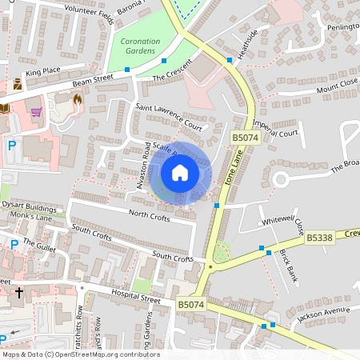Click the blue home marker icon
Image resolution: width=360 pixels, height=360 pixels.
coord(180,173)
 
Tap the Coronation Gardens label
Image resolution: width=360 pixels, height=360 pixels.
coord(139,46)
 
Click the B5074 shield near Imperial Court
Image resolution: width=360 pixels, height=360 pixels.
coord(246,138)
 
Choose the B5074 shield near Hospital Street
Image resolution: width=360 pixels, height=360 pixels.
coord(191,305)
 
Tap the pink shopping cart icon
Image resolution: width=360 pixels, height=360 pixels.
coord(36,112)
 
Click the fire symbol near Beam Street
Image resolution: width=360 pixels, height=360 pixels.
coord(77,100)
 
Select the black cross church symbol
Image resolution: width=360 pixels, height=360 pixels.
coord(19,293)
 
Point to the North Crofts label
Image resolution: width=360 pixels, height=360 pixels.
coord(150,214)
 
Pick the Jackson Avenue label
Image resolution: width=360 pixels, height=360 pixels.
coord(323,314)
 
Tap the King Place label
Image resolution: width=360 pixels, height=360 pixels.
coord(43,73)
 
